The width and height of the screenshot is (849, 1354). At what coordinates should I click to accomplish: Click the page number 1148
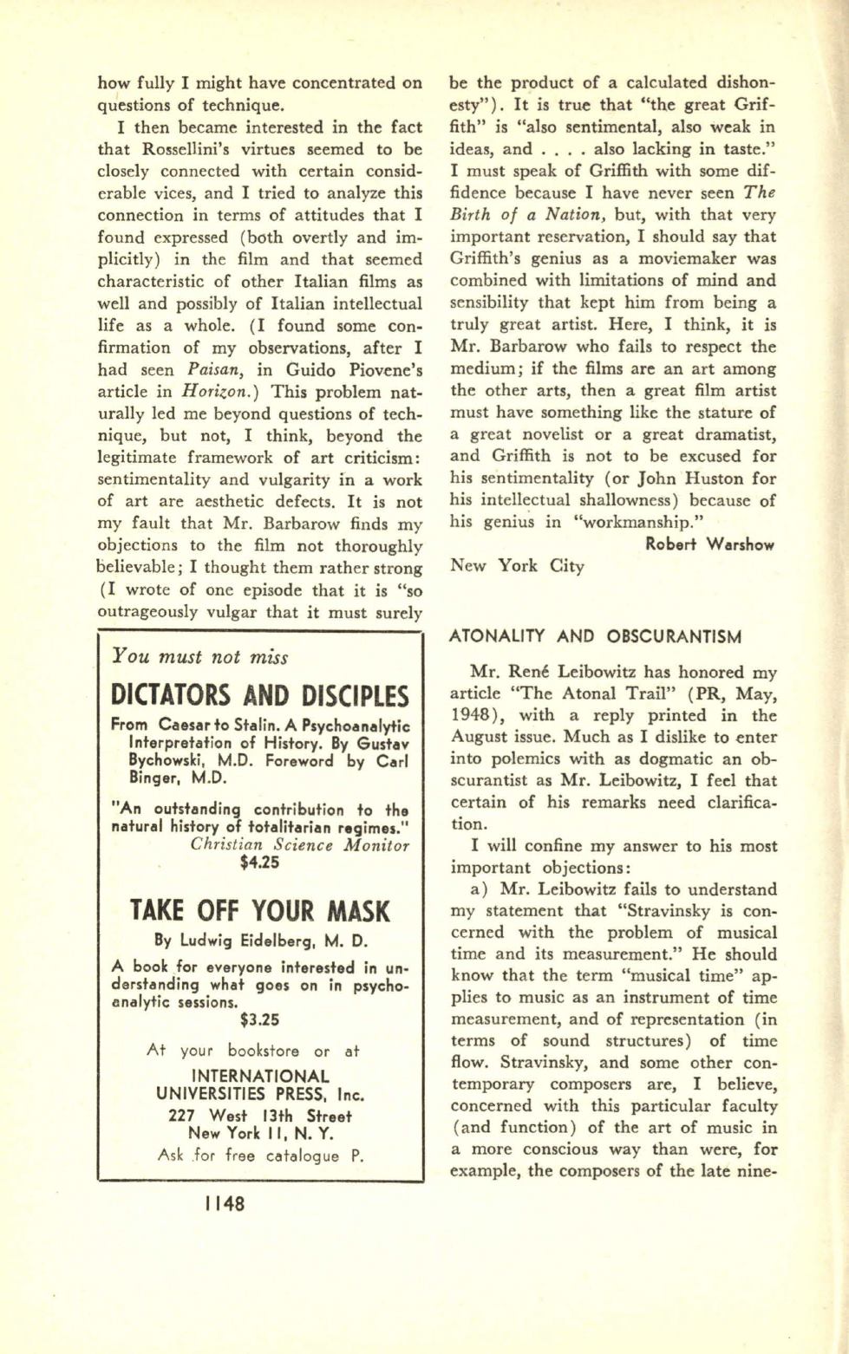pyautogui.click(x=225, y=1203)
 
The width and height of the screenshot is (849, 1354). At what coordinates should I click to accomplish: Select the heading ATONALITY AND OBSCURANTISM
pyautogui.click(x=595, y=637)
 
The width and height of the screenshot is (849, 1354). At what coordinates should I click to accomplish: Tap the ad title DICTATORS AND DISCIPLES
pyautogui.click(x=259, y=695)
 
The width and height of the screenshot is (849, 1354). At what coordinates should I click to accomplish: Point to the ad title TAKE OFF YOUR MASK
pyautogui.click(x=259, y=911)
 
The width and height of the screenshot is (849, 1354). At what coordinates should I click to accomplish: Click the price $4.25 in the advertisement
pyautogui.click(x=259, y=863)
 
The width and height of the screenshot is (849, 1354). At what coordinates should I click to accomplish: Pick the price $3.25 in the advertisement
pyautogui.click(x=259, y=1019)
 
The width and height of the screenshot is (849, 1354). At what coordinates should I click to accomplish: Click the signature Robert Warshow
pyautogui.click(x=710, y=544)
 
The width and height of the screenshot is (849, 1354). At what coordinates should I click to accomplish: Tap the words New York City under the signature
pyautogui.click(x=517, y=566)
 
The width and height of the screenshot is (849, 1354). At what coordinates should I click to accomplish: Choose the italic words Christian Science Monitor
pyautogui.click(x=299, y=845)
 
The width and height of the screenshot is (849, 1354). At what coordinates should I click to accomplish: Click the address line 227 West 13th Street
pyautogui.click(x=259, y=1116)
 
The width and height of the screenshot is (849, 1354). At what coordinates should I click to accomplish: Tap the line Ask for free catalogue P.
pyautogui.click(x=259, y=1155)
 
